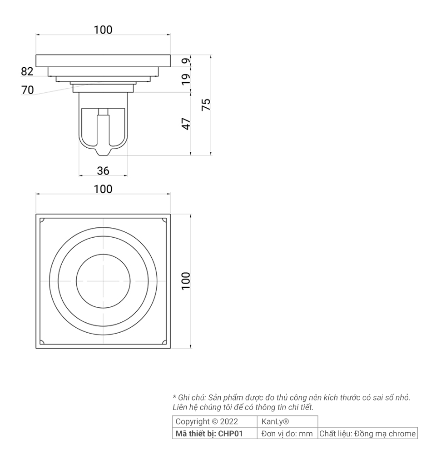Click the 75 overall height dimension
coord(206,105)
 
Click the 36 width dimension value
coord(103,171)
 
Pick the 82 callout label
coord(27,71)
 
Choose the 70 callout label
coord(27,90)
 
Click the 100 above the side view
coord(103,30)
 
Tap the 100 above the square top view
coord(103,189)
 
